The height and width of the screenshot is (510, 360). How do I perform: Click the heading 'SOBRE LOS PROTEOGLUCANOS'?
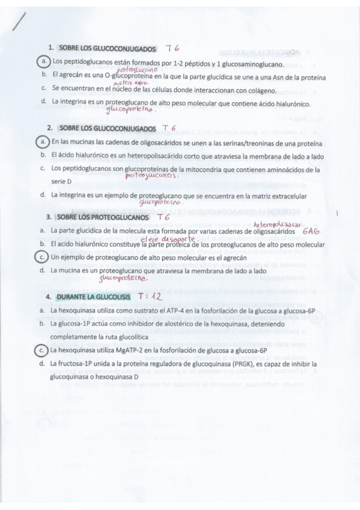tap(103, 217)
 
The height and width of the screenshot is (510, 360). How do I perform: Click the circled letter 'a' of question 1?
tap(43, 61)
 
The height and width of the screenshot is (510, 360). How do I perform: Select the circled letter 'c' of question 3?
tap(43, 257)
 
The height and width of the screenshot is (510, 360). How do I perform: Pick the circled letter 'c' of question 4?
tap(43, 350)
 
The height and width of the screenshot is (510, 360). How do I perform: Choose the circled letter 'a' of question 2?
tap(43, 142)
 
